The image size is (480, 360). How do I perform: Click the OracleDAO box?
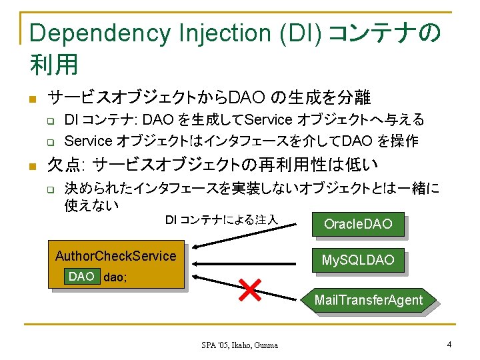(357, 224)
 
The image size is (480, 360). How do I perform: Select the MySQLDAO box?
(357, 259)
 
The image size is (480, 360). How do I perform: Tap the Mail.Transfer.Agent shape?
(369, 300)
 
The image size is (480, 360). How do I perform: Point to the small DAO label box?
(81, 277)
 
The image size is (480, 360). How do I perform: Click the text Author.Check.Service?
(115, 256)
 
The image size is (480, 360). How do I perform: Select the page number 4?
(450, 345)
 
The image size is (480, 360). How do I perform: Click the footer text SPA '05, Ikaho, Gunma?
(239, 345)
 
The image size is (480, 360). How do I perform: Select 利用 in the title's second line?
(54, 65)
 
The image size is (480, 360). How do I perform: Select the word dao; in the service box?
(114, 277)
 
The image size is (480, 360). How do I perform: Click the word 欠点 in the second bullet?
(65, 163)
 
